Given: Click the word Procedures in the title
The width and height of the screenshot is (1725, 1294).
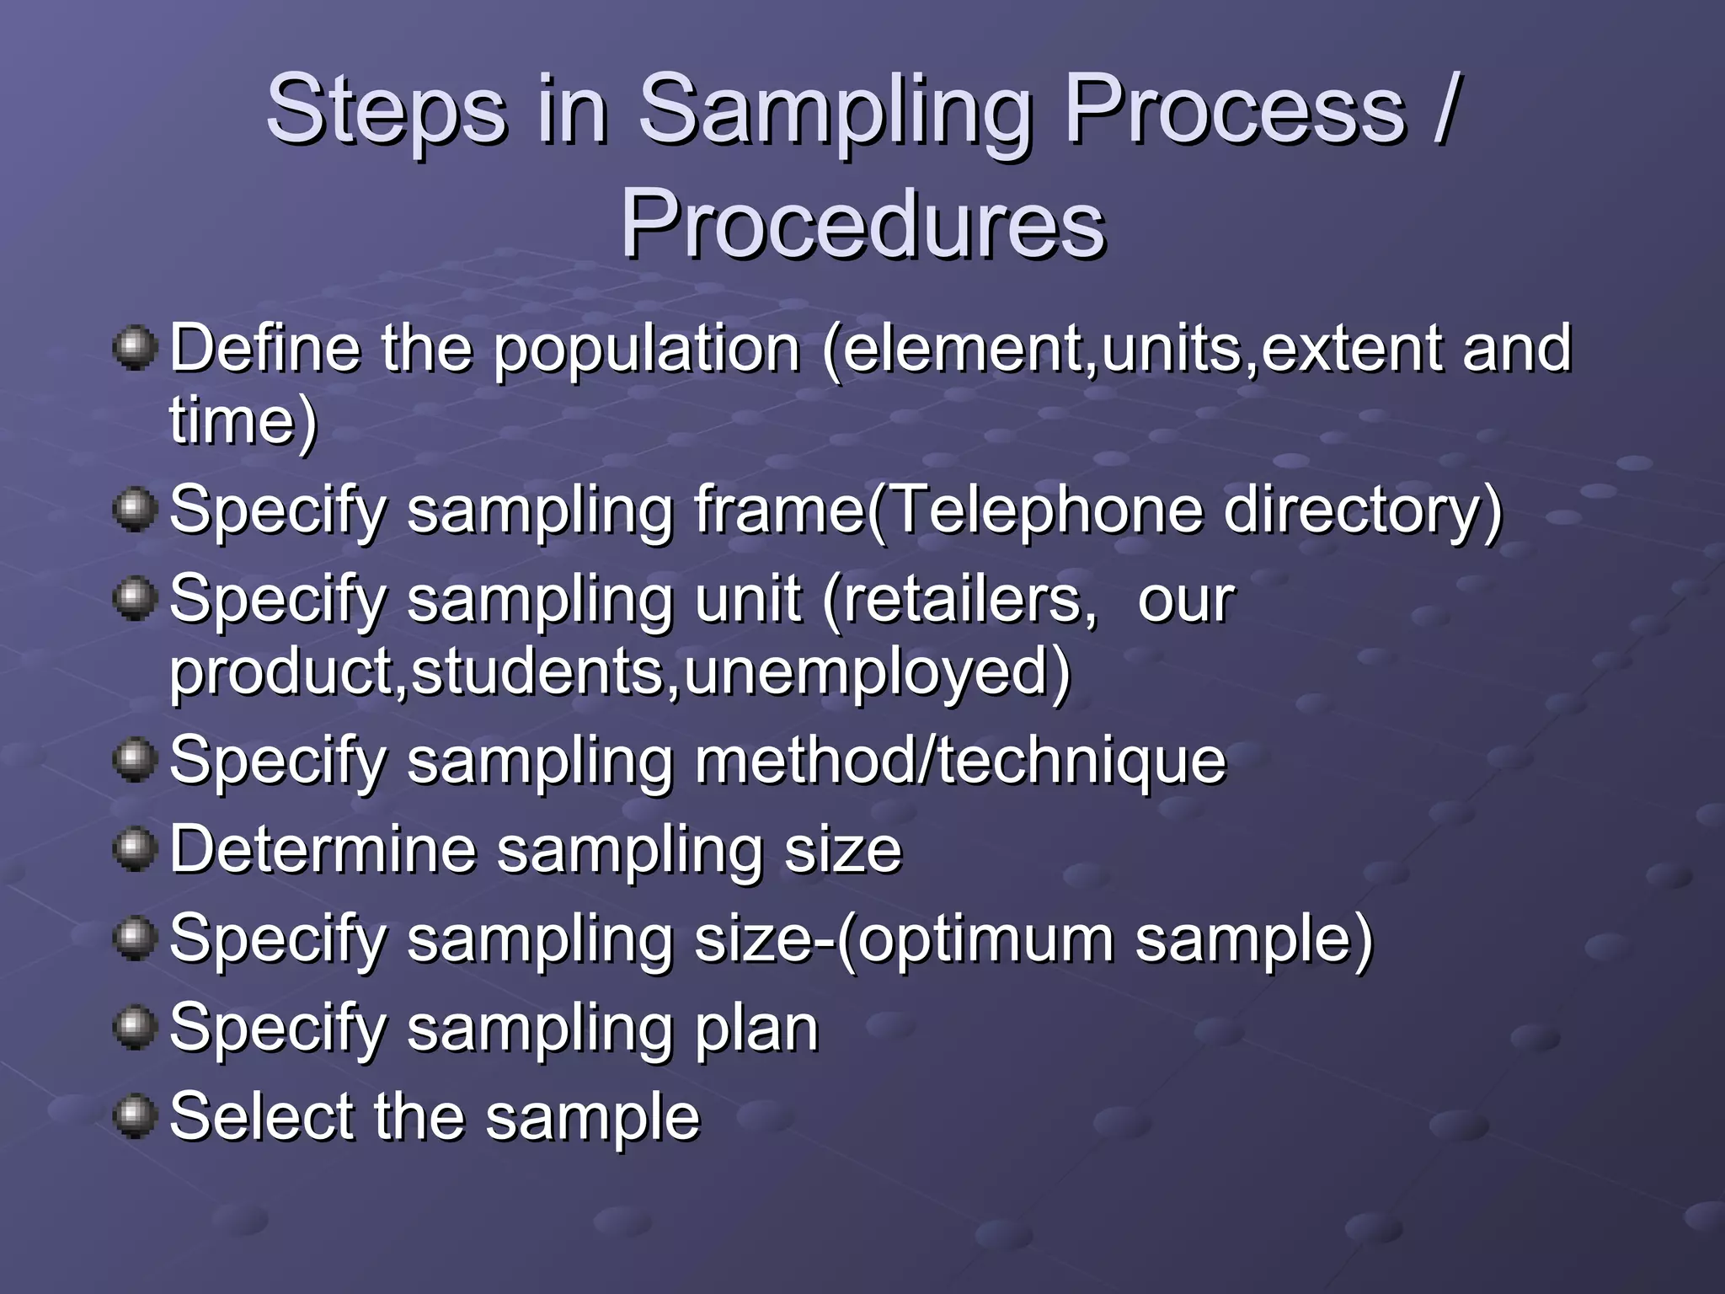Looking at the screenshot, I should [x=862, y=225].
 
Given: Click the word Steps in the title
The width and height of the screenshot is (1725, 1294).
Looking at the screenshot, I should [x=387, y=110].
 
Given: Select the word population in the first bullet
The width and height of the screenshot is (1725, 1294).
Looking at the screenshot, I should [x=647, y=350].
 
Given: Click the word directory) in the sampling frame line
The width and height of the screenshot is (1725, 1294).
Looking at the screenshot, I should [x=1362, y=510].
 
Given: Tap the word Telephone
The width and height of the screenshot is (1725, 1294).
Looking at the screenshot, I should [x=1044, y=510].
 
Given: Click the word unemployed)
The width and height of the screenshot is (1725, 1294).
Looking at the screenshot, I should [x=877, y=671].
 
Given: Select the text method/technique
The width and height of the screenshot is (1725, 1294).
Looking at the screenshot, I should [x=959, y=761].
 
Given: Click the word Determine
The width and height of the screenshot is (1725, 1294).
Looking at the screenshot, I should [x=323, y=849].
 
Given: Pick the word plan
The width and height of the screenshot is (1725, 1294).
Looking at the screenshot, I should [x=756, y=1029].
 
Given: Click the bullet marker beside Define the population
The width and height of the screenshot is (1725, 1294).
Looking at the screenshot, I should [x=135, y=348].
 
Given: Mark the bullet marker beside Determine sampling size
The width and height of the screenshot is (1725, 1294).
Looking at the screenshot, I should [x=135, y=848].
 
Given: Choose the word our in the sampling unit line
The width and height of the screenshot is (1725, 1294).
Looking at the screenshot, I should [x=1186, y=601].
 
